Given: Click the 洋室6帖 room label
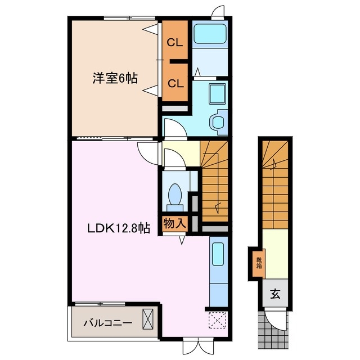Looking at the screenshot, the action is (115, 78).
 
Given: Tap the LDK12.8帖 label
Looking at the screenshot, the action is (119, 228).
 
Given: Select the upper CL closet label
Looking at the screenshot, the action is (175, 43).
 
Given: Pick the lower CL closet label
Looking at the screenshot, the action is (175, 84).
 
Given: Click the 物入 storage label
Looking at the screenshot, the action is (175, 223).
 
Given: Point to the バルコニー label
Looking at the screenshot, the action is (107, 323).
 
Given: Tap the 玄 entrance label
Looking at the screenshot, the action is (275, 294).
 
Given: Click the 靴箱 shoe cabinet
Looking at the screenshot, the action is (259, 263).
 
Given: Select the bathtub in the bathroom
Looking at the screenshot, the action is (210, 34).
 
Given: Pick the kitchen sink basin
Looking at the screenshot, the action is (218, 254).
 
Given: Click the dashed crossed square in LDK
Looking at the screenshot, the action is (218, 320).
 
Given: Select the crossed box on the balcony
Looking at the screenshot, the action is (148, 319).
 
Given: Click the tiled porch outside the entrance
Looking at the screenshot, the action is (273, 330).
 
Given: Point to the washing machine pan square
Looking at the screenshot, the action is (217, 94).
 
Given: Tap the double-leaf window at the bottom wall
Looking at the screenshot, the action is (198, 345).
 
